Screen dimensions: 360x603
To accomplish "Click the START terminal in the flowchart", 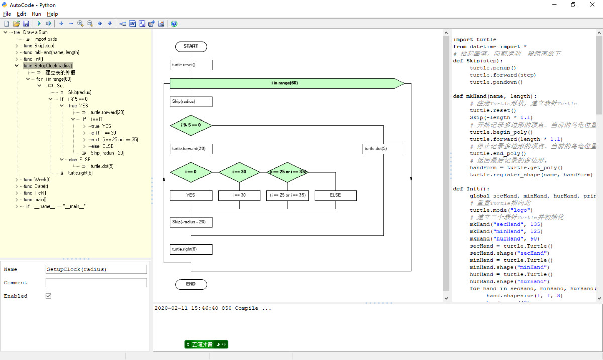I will (191, 46).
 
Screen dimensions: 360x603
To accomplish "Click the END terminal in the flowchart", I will (191, 284).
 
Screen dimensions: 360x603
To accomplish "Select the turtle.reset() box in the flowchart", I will (191, 65).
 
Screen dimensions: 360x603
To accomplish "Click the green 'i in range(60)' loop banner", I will (285, 83).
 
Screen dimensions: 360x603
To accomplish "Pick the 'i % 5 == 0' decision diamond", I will (191, 125).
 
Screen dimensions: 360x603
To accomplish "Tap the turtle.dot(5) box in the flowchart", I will (383, 149).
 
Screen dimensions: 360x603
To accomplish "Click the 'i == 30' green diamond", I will (239, 172).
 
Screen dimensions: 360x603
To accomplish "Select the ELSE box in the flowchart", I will (335, 195).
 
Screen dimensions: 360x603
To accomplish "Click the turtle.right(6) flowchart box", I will (191, 249).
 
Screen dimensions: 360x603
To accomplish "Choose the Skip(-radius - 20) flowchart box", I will (191, 222).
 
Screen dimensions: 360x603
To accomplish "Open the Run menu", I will (36, 14).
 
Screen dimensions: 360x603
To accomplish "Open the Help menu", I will (52, 14).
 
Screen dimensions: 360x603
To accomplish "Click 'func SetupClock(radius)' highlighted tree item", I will (48, 66).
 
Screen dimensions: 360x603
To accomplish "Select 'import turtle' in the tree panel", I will (45, 39).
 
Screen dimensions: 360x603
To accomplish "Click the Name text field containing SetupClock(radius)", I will (96, 269).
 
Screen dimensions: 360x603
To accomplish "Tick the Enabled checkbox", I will (49, 296).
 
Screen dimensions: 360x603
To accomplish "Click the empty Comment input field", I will (96, 283).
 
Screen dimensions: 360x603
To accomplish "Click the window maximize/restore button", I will (573, 5).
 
